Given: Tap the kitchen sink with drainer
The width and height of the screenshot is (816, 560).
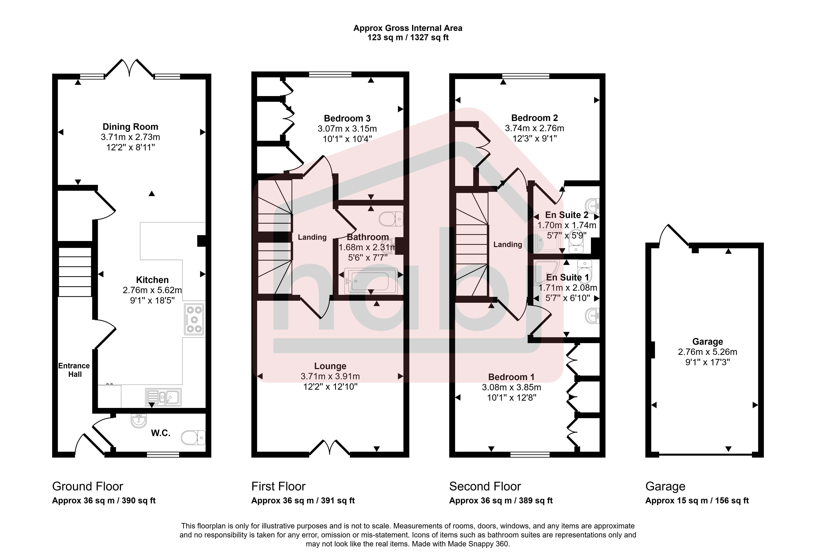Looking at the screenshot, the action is (163, 397).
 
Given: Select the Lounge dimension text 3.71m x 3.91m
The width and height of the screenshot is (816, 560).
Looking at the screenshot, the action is (330, 376).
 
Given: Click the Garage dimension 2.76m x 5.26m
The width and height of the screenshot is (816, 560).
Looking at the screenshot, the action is (708, 352).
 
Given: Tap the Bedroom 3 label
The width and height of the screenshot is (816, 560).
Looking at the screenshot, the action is (347, 118).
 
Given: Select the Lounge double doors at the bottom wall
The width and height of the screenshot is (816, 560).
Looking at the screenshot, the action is (330, 447).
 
